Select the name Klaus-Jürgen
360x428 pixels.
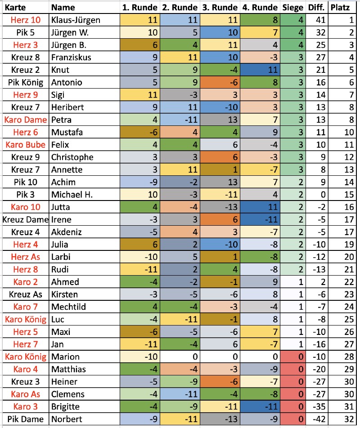tap(76, 20)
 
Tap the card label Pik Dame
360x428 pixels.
tap(25, 419)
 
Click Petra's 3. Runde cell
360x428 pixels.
tap(219, 120)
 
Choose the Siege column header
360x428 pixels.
tap(293, 8)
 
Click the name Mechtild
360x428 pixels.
tap(68, 307)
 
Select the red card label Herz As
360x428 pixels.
tap(25, 257)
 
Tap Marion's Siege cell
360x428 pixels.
tap(293, 357)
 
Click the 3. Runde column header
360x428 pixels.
tap(219, 8)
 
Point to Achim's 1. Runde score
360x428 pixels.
tap(139, 182)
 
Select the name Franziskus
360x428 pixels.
tap(72, 58)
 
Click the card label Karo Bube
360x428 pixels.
tap(25, 145)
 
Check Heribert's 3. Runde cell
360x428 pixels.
tap(219, 107)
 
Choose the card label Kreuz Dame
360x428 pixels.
tap(25, 219)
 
